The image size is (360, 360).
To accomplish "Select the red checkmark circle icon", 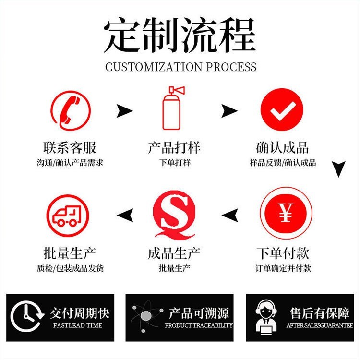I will click(x=282, y=110).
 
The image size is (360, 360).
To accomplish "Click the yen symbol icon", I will click(x=286, y=213).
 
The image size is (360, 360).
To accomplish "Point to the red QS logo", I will click(x=174, y=215).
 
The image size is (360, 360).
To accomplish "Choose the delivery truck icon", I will click(x=68, y=216).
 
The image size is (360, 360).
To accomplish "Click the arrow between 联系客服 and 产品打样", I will click(x=124, y=111).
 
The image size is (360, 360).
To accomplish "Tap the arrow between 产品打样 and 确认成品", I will click(x=229, y=111).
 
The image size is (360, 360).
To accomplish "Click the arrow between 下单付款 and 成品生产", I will click(x=230, y=215).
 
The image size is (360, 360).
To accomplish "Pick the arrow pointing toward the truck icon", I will click(x=125, y=215).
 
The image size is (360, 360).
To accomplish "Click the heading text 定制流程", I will click(x=180, y=36).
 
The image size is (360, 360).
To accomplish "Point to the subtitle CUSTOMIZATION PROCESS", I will click(x=181, y=67).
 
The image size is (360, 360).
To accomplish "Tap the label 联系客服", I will click(x=70, y=147).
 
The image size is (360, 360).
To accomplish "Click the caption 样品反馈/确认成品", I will click(x=283, y=163).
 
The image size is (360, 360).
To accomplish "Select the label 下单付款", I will click(x=283, y=253).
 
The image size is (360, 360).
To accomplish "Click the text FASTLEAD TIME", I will click(x=78, y=325).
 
